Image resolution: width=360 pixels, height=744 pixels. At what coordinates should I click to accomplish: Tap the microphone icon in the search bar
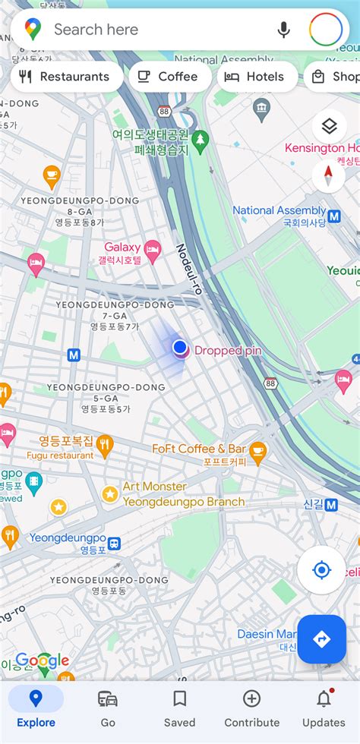tap(283, 30)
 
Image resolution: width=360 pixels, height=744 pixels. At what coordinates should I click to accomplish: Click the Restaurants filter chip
tap(67, 77)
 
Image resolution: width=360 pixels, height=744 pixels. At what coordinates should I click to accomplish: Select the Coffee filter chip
tap(169, 77)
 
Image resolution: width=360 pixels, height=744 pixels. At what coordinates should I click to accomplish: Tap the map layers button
tap(329, 127)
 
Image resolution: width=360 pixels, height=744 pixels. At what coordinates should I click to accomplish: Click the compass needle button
tap(329, 176)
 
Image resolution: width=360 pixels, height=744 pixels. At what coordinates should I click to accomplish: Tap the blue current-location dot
tap(180, 348)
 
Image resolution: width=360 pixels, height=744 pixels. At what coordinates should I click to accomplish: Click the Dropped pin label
tap(228, 351)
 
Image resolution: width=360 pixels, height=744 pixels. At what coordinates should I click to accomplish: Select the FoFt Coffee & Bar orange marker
tap(258, 452)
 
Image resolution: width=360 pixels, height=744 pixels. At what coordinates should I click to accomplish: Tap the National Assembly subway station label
tap(279, 216)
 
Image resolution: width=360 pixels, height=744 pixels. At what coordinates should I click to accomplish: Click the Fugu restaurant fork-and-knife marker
tap(105, 444)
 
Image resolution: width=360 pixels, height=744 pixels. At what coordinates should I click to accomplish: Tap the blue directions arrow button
tap(321, 639)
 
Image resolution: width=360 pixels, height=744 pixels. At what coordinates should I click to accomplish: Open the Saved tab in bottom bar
tap(180, 708)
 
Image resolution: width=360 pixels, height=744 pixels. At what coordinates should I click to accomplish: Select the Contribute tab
tap(251, 708)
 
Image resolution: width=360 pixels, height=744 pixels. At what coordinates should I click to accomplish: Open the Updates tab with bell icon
tap(324, 708)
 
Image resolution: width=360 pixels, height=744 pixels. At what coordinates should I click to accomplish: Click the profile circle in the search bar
tap(325, 30)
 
